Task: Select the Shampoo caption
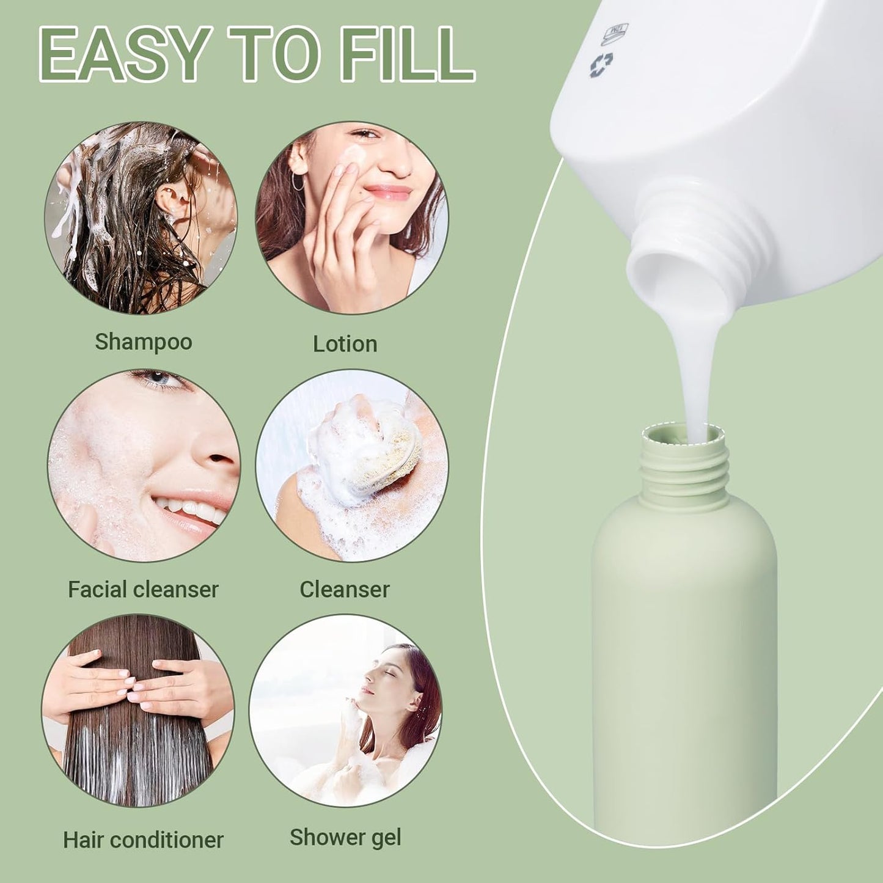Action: point(144,342)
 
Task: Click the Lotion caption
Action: point(345,344)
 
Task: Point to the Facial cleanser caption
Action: point(143,590)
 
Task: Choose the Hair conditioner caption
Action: point(143,840)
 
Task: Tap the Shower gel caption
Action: point(345,838)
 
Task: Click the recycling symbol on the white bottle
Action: point(601,65)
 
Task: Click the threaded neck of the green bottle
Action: point(684,467)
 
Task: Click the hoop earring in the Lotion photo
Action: point(298,181)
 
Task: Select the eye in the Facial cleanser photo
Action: point(160,379)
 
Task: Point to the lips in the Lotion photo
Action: point(387,192)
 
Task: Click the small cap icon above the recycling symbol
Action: point(615,34)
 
